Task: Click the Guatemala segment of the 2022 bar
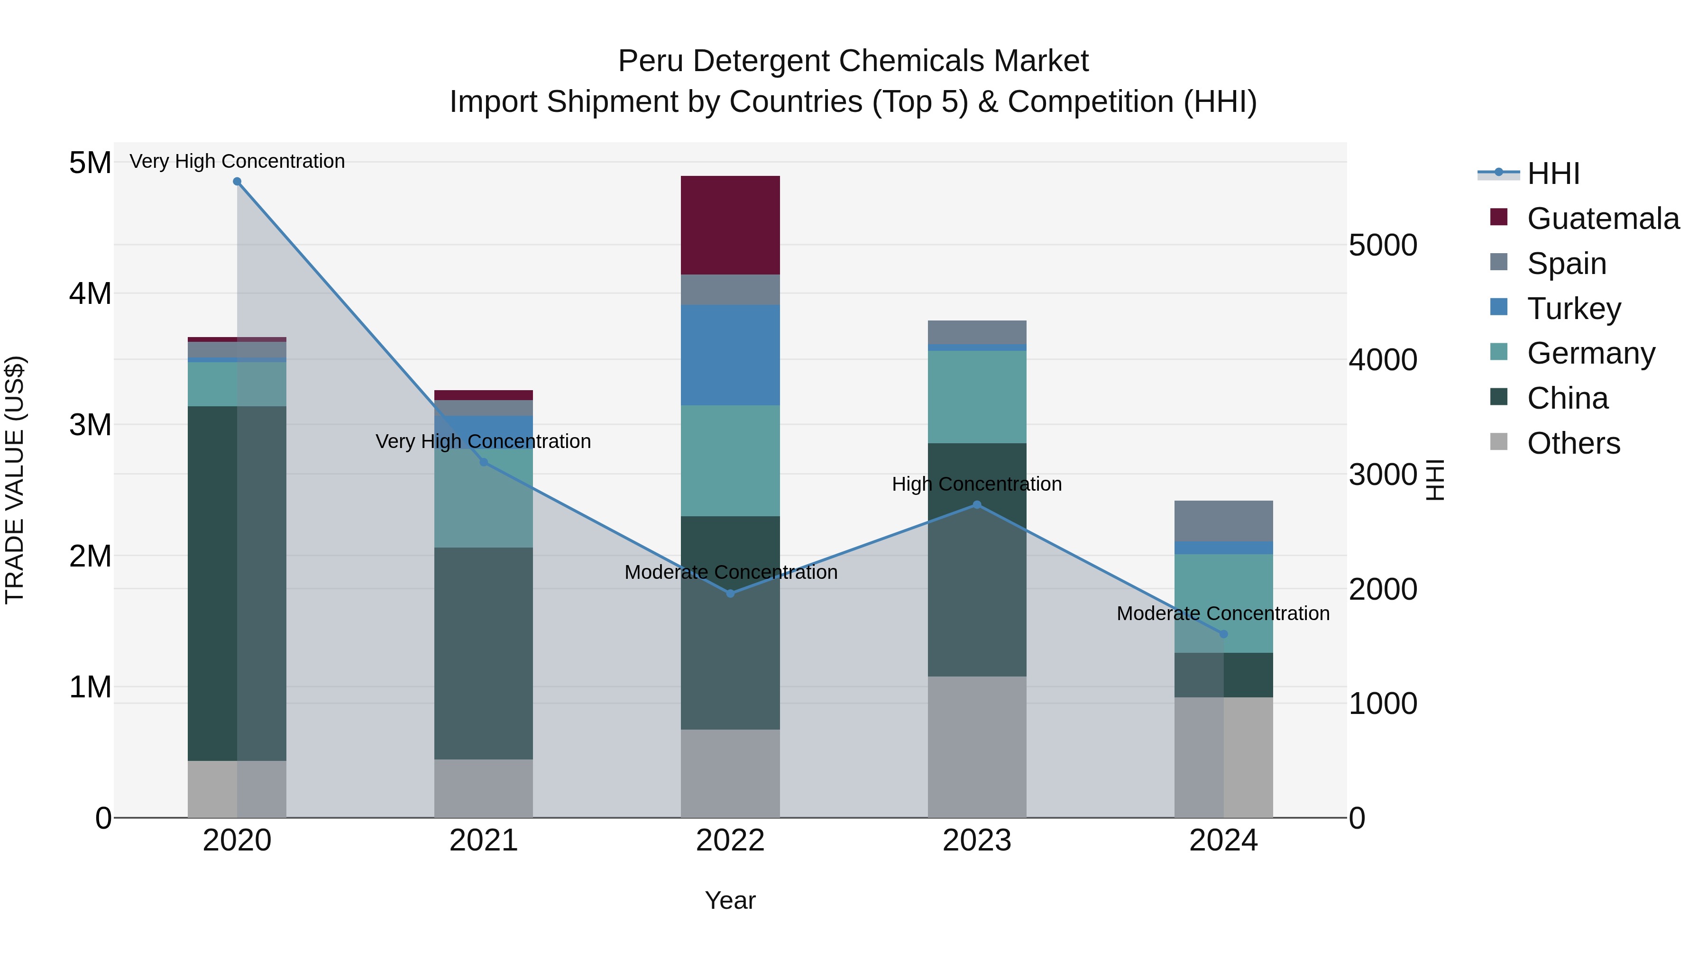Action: point(730,225)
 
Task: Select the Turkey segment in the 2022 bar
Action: point(730,355)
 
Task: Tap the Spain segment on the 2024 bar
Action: point(1223,521)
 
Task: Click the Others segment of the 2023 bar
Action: point(977,747)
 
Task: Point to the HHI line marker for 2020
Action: point(237,182)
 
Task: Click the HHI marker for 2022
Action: point(730,594)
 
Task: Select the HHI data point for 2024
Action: point(1223,634)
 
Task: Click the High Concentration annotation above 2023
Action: point(977,485)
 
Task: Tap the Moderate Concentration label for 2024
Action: point(1223,613)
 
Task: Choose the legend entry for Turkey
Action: point(1573,309)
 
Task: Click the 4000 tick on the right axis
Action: point(1383,360)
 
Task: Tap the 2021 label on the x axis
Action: point(484,841)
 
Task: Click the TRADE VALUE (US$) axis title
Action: point(15,480)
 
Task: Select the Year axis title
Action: point(730,900)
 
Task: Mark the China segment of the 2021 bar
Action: point(484,653)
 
